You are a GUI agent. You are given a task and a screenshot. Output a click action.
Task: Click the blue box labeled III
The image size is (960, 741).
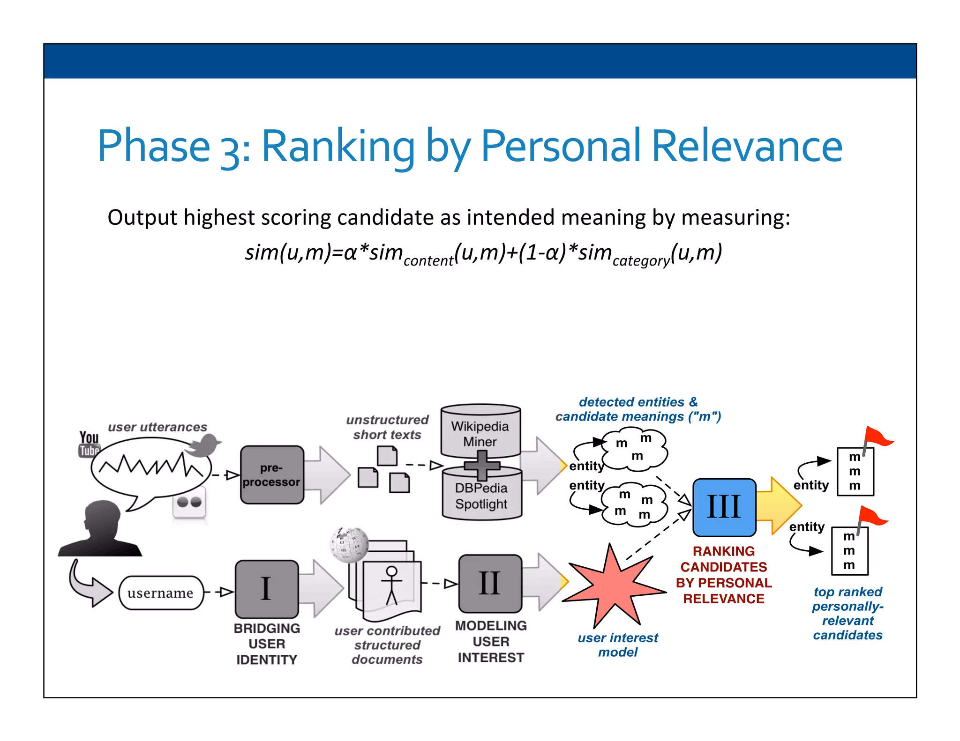[x=724, y=507]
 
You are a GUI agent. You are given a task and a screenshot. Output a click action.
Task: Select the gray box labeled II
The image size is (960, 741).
[x=490, y=584]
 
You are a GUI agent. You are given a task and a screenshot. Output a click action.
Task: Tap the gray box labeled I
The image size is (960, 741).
[x=266, y=589]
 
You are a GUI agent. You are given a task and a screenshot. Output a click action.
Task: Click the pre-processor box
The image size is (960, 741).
[x=272, y=474]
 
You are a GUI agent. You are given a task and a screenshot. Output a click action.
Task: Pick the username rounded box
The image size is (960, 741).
[x=161, y=593]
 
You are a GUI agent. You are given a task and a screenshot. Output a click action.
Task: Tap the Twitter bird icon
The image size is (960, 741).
[x=203, y=445]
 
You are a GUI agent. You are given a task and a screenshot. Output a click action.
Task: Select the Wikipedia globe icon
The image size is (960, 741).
[x=349, y=545]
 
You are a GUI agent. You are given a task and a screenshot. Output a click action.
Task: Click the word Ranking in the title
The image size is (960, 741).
[x=338, y=147]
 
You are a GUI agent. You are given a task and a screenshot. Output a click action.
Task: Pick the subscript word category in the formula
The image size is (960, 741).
[x=641, y=260]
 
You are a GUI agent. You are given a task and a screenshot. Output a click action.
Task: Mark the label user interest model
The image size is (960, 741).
[x=617, y=645]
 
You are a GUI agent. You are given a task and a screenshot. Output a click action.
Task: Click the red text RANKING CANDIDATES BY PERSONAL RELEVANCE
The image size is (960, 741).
[x=723, y=575]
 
